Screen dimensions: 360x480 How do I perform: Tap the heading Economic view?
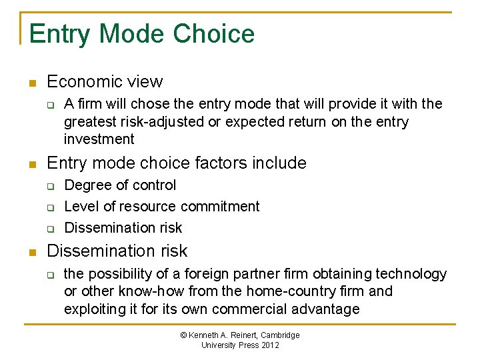[x=105, y=82]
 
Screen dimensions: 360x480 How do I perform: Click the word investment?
[x=99, y=139]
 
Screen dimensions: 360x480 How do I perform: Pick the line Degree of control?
[x=120, y=185]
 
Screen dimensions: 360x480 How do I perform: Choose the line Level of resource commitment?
[x=161, y=207]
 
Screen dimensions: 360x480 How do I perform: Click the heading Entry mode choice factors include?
[x=177, y=163]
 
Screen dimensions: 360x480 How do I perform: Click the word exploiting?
[x=93, y=309]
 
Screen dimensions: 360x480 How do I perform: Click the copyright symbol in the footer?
[x=184, y=335]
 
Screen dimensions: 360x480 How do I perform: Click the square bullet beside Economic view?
[x=31, y=83]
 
